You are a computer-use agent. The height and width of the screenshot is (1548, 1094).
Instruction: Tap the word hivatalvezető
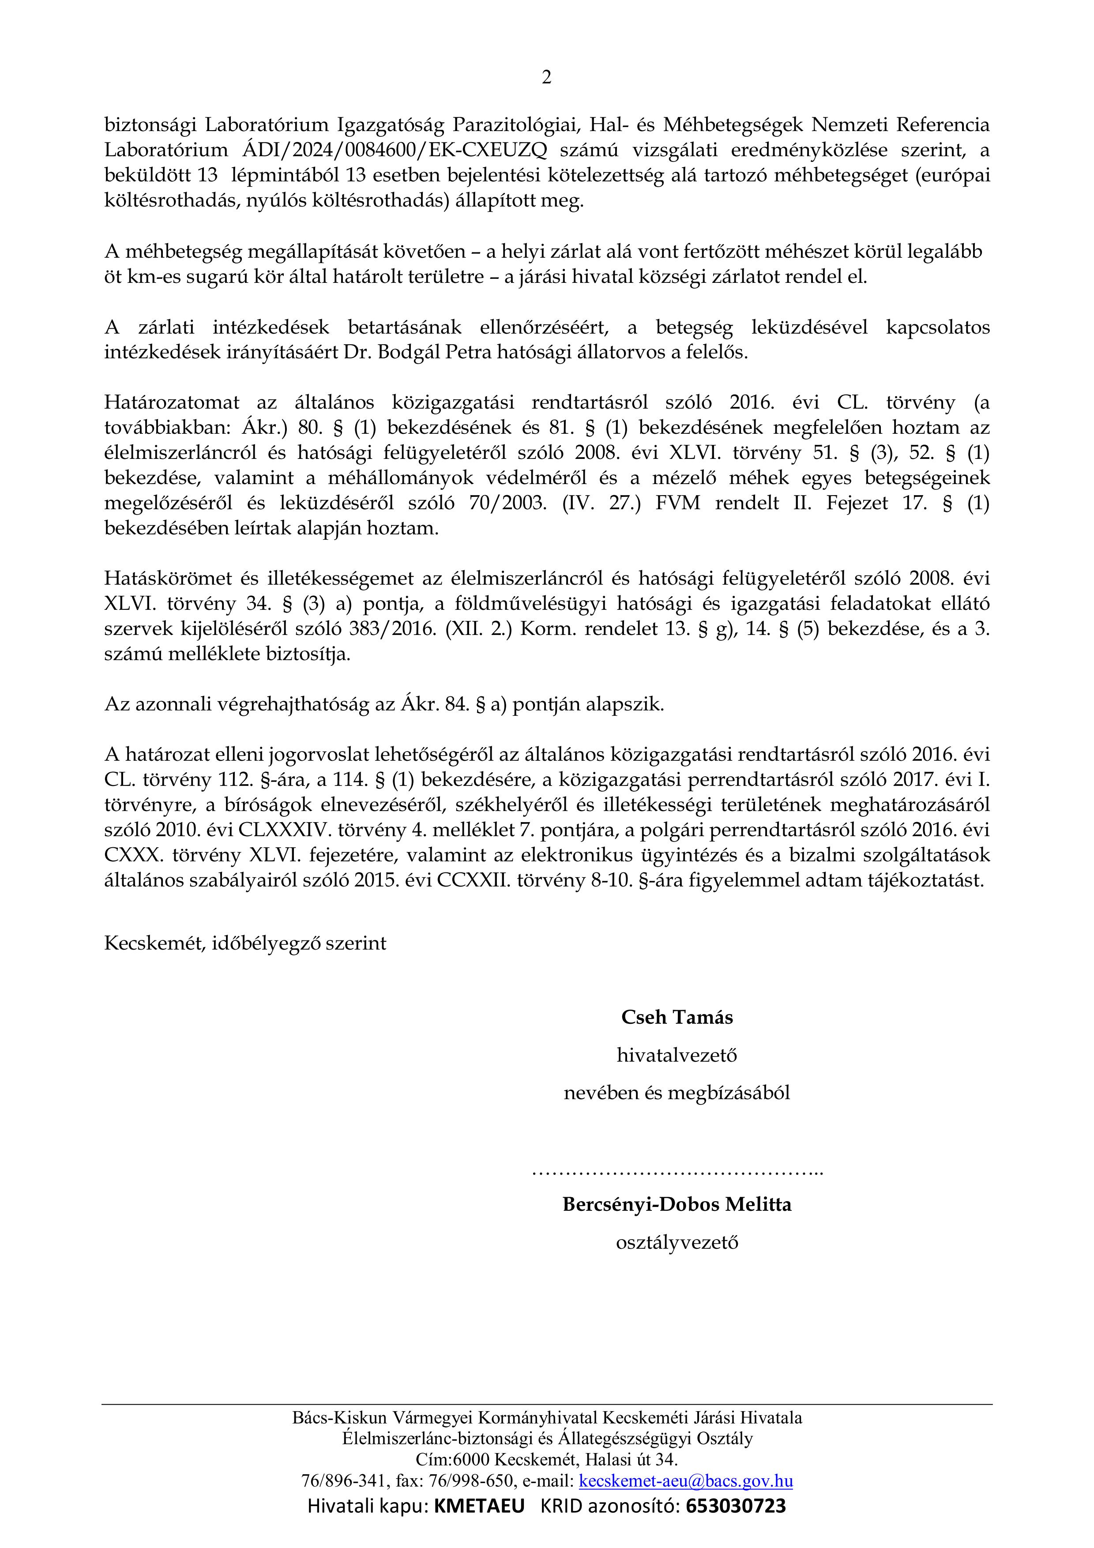coord(677,1055)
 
